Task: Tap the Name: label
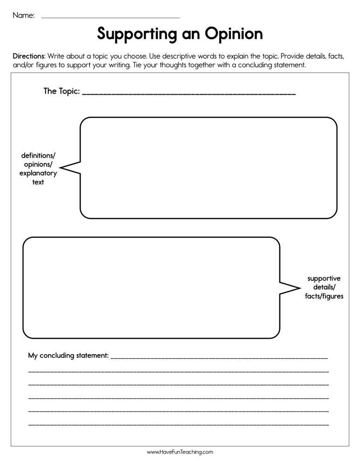point(23,15)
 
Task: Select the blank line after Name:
point(110,17)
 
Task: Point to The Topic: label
point(61,91)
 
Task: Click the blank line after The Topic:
point(189,94)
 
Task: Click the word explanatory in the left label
point(38,173)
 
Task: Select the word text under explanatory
point(38,182)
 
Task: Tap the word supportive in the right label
point(324,279)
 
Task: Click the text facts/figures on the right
point(324,296)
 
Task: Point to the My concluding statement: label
point(68,356)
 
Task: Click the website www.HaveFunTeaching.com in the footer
point(180,452)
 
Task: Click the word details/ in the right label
point(324,288)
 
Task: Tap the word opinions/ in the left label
point(38,164)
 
